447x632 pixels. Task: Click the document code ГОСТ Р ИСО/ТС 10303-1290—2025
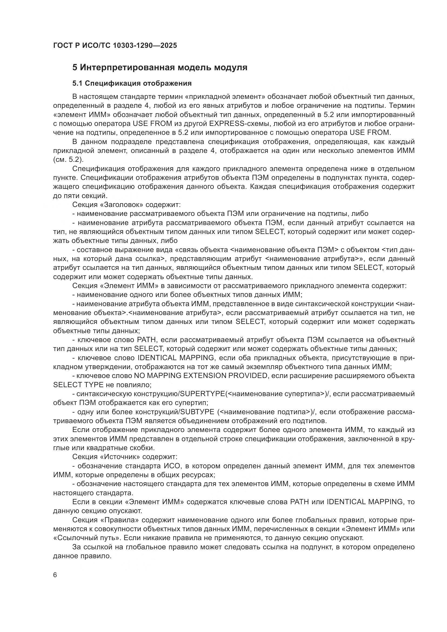pos(115,45)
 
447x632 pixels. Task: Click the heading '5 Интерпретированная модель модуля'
pos(160,68)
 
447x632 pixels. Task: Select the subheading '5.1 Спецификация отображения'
pos(132,83)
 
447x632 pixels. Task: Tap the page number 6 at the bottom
pos(55,575)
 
